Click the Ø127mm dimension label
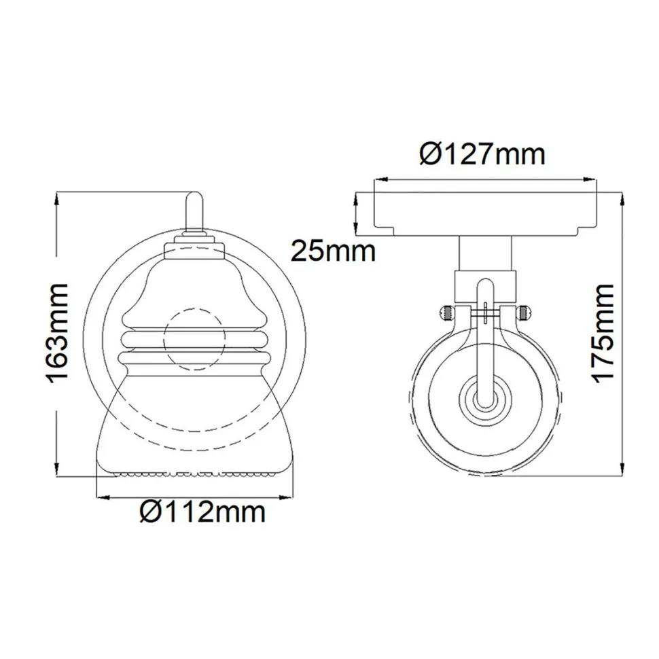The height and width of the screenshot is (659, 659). click(482, 154)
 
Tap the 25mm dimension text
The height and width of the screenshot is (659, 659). click(333, 251)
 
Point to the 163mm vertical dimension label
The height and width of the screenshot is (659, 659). click(58, 333)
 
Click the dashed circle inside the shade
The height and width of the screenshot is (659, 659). click(195, 340)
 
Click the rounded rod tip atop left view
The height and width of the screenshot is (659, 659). click(194, 200)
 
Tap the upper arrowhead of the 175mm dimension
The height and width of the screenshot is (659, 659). click(623, 196)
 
